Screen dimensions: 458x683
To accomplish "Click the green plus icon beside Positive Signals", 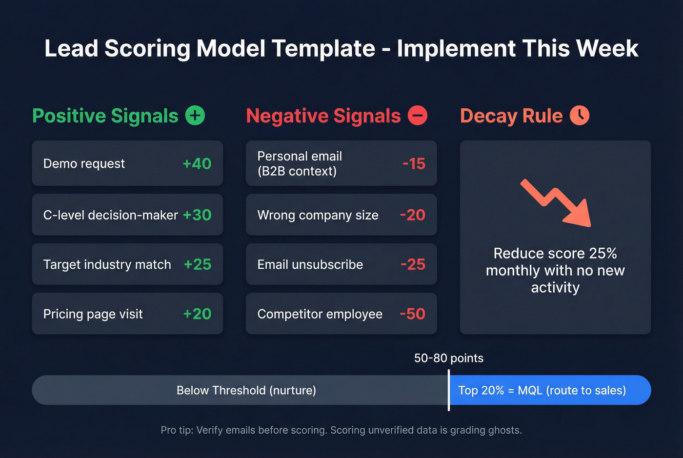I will [195, 116].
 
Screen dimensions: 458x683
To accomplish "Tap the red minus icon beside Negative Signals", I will [418, 116].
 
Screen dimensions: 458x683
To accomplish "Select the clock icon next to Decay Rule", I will [580, 116].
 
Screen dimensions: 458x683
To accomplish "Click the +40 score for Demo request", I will [197, 163].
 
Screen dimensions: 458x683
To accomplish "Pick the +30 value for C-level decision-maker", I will [197, 215].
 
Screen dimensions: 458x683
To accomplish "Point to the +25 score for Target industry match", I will [198, 264].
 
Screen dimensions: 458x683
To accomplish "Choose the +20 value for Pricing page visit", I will [197, 314].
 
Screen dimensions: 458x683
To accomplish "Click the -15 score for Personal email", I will [414, 163].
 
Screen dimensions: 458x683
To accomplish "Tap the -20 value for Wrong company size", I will [413, 215].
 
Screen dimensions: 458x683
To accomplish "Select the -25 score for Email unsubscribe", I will [413, 264].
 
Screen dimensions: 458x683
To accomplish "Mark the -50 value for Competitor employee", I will [413, 314].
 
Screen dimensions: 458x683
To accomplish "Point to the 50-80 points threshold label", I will [449, 358].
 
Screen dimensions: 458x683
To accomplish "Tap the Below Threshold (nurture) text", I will [246, 390].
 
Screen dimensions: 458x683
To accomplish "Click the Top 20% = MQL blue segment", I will [549, 390].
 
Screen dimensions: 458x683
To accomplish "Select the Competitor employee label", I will [320, 314].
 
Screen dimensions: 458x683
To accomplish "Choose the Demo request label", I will [84, 163].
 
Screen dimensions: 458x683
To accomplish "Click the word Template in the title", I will [323, 48].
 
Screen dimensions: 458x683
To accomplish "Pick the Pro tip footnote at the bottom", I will [341, 430].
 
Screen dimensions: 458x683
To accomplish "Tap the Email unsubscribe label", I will [310, 264].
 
